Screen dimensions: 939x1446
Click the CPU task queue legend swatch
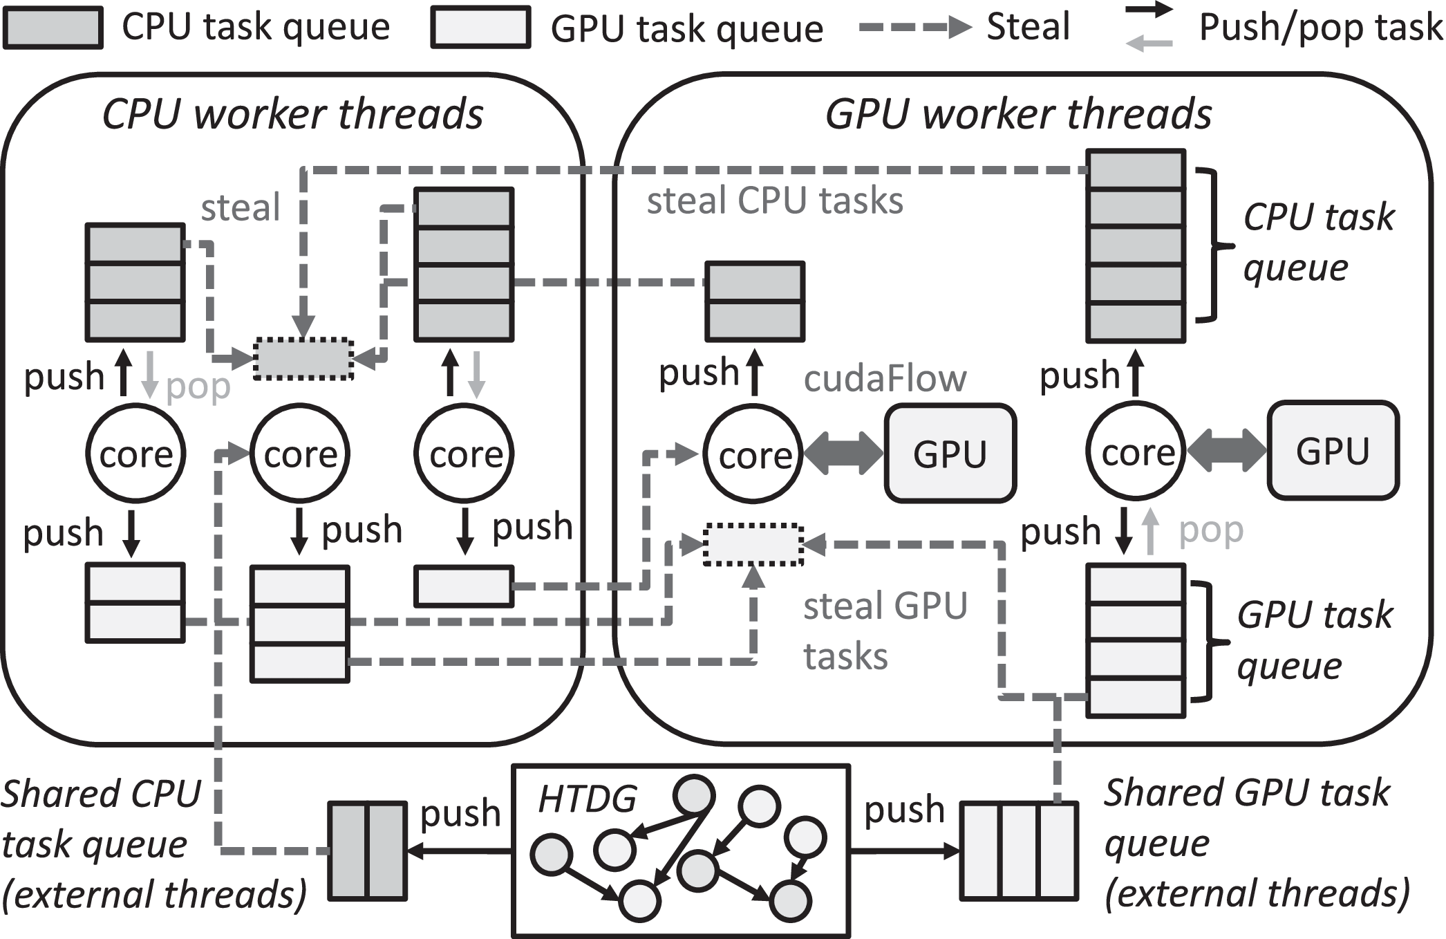point(53,28)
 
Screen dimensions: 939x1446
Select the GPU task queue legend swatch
point(480,28)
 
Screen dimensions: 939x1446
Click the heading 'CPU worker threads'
point(292,114)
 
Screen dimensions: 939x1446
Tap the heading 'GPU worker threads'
point(1017,114)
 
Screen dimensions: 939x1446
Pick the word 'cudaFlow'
point(885,379)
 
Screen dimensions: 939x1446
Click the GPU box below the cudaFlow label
point(950,454)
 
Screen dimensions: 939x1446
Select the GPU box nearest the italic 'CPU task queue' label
point(1332,451)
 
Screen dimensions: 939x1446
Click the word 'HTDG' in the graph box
point(587,800)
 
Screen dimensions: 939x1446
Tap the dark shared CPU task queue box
point(367,850)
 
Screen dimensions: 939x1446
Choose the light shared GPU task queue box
point(1019,850)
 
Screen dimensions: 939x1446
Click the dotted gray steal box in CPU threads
point(303,359)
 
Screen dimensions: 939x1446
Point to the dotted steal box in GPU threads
point(753,545)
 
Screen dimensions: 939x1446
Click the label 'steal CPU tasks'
point(774,201)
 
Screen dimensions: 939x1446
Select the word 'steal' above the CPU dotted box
point(240,207)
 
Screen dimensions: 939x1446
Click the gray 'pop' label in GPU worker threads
point(1211,531)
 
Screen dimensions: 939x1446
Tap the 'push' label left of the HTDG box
point(460,813)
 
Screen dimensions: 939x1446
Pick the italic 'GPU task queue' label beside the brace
point(1313,640)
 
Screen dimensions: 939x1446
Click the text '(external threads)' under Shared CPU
point(154,895)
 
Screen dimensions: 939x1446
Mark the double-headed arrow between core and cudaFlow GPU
point(843,454)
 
